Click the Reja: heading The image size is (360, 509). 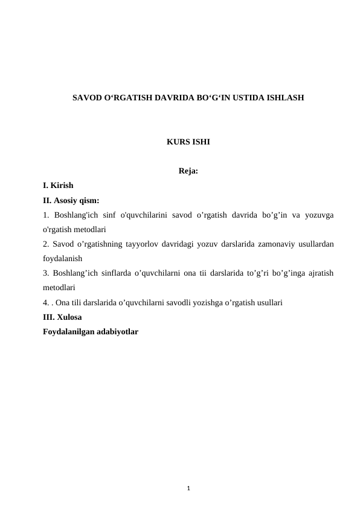[188, 171]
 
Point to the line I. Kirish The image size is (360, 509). [58, 186]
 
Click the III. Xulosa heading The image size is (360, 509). [63, 316]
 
